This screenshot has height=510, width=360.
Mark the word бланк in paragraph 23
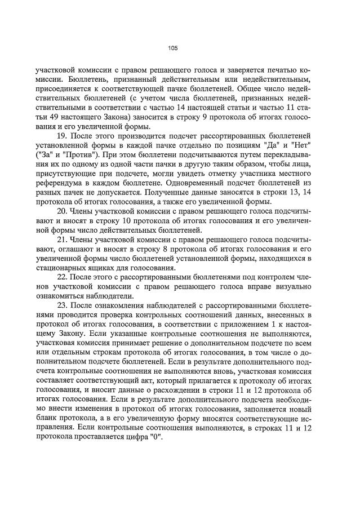point(47,422)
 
